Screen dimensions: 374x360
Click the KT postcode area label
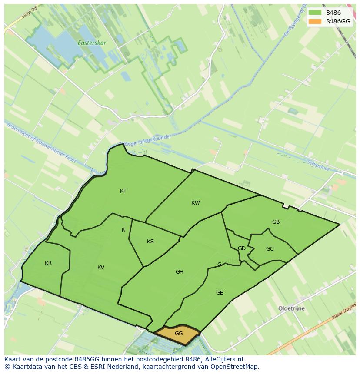[123, 191]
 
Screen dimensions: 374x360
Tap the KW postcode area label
[196, 203]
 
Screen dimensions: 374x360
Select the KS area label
[150, 242]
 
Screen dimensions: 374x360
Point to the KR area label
[48, 263]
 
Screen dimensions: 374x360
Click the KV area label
[101, 268]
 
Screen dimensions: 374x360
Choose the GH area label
[180, 272]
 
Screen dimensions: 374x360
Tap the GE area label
[220, 293]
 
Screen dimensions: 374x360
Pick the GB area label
[276, 222]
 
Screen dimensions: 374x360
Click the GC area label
[270, 249]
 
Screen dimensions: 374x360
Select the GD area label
[242, 248]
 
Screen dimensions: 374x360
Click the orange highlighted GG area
[178, 334]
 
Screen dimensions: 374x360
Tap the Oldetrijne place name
[291, 308]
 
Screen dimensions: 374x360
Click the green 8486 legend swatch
[315, 13]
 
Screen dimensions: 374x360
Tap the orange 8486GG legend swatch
[315, 21]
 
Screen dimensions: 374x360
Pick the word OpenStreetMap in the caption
[237, 367]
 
